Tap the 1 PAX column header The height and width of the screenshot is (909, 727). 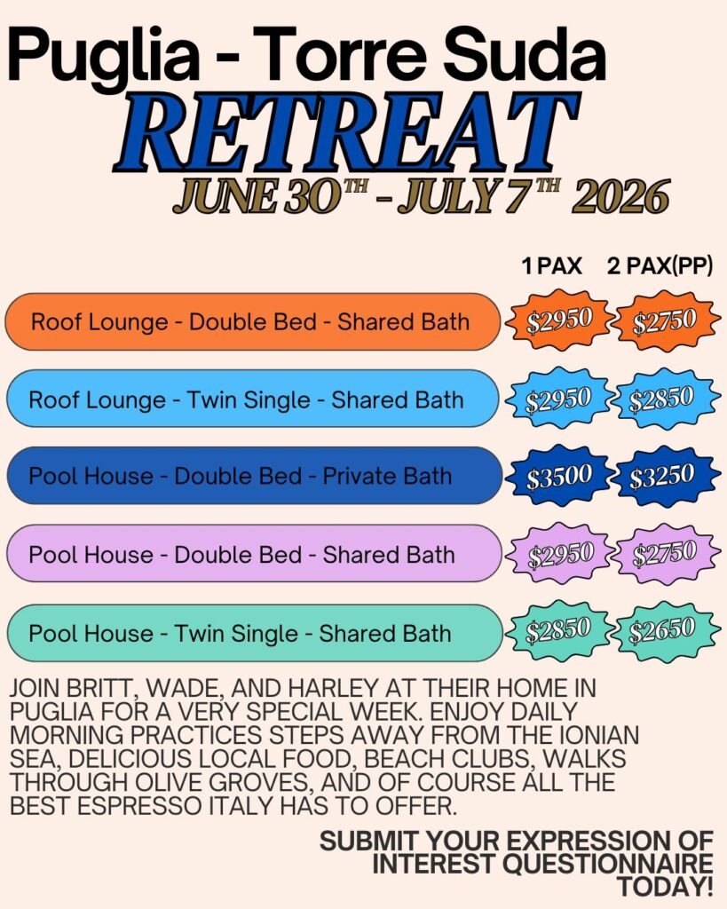(x=551, y=266)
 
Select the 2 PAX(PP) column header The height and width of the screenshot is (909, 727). (x=660, y=266)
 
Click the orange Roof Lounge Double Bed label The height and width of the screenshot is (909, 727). (x=252, y=321)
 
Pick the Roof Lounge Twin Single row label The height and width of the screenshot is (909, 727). (x=252, y=399)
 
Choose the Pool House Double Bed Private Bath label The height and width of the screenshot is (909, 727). (x=254, y=476)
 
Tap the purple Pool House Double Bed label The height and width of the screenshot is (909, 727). (x=253, y=554)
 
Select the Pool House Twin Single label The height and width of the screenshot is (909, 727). (x=254, y=632)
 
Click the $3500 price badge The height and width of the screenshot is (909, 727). (x=558, y=477)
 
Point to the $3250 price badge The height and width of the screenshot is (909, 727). (x=662, y=477)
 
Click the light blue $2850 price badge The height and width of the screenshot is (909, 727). (x=662, y=399)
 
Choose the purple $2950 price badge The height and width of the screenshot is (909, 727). (x=558, y=554)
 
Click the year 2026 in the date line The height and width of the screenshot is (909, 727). (x=620, y=197)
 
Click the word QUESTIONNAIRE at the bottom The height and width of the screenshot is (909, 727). (x=607, y=863)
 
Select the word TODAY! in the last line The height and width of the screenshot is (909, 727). (x=664, y=887)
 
